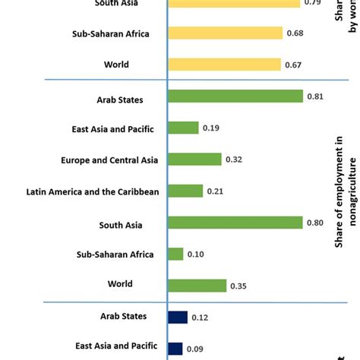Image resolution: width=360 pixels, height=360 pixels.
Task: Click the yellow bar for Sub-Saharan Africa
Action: point(225,33)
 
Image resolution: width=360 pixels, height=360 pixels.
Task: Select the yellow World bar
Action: point(224,65)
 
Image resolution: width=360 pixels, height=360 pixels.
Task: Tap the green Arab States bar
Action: point(235,96)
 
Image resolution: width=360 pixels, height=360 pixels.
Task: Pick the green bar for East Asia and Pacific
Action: point(183,128)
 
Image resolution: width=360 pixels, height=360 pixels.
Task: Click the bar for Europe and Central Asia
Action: point(194,159)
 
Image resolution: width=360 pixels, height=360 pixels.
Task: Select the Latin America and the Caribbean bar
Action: point(185,191)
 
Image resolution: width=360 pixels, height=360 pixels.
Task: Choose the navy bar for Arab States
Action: point(178,317)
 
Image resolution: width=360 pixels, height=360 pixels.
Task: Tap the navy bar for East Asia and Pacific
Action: point(175,348)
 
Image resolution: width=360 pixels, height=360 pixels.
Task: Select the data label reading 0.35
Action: point(239,286)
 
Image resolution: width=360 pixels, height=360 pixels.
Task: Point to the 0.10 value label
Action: point(196,254)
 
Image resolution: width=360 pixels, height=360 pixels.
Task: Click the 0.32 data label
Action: point(234,159)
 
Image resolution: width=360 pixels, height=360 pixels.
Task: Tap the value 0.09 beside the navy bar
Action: point(195,349)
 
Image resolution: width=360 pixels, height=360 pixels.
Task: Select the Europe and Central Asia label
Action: point(110,160)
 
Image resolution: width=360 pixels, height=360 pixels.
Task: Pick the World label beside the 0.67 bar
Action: point(118,65)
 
